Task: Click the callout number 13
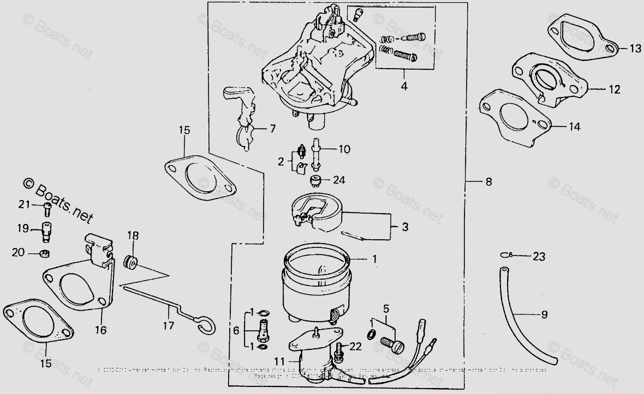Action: [636, 49]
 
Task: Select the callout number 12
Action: [615, 90]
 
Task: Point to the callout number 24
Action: [339, 179]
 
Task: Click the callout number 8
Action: [488, 182]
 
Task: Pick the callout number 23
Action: [539, 256]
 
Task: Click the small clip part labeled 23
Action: [506, 254]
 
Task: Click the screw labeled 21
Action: [47, 206]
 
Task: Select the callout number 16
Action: [103, 330]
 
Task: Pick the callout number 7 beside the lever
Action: [272, 129]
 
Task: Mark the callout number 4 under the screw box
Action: [404, 86]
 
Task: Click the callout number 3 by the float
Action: [405, 226]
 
